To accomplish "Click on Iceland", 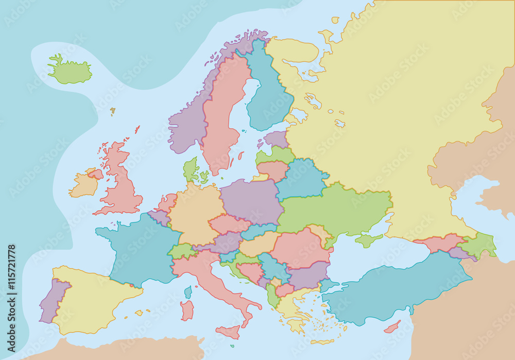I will (x=70, y=72).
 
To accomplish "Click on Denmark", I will (x=191, y=170).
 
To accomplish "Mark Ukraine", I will (x=335, y=211).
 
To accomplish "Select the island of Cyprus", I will (x=392, y=327).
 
